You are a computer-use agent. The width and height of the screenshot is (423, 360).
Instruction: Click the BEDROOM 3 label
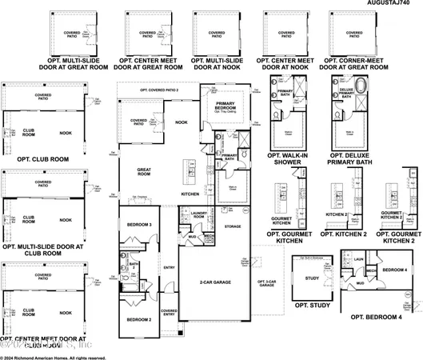click(139, 225)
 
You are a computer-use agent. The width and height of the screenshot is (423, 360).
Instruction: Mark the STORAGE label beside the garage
click(232, 226)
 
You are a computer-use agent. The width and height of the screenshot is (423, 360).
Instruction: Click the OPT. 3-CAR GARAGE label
click(265, 283)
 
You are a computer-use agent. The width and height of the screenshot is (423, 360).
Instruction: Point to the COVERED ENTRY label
click(169, 313)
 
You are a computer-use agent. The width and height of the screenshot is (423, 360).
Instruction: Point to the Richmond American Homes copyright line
click(53, 356)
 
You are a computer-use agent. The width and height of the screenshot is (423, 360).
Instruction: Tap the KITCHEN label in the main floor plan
click(190, 194)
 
